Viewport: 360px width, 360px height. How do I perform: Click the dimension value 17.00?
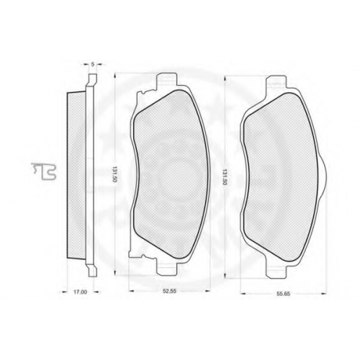click(80, 292)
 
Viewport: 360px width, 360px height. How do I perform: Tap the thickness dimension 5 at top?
click(93, 64)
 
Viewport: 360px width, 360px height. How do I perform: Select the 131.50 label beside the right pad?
click(225, 177)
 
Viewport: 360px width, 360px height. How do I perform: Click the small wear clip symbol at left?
click(44, 171)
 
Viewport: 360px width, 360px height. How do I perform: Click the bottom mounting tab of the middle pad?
click(167, 267)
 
